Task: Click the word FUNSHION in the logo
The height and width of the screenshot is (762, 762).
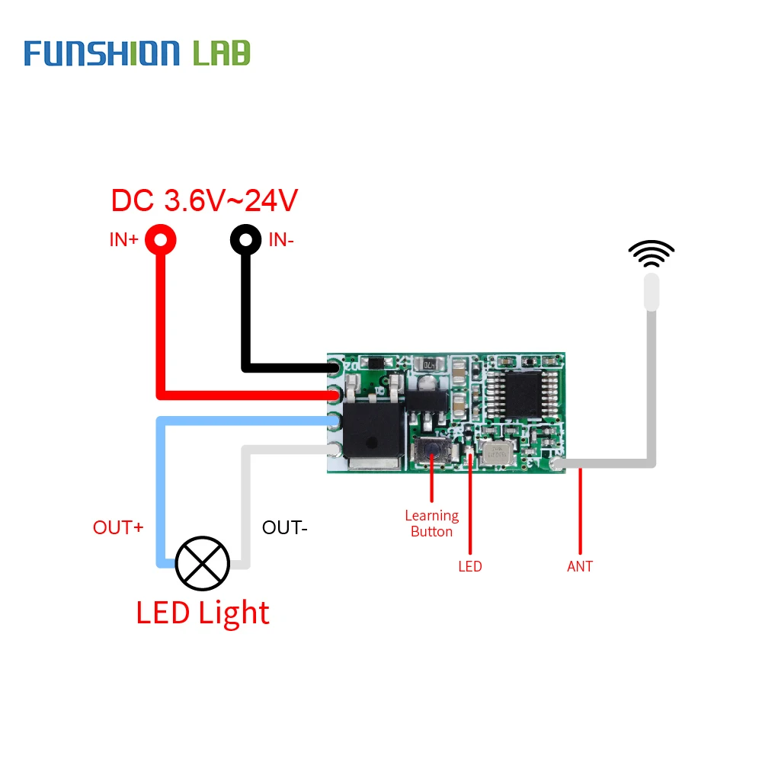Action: [101, 53]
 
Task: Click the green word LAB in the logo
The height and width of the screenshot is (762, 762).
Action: [222, 53]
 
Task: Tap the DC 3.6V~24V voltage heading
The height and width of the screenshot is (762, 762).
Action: [204, 201]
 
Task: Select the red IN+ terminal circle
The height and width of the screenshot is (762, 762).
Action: [161, 240]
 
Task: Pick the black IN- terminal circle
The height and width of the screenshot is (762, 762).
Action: [245, 240]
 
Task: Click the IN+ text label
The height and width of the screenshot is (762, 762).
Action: [123, 240]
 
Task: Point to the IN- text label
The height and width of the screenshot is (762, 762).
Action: [280, 240]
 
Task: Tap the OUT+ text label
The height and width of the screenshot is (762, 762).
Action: [118, 527]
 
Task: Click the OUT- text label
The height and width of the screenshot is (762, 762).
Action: [284, 527]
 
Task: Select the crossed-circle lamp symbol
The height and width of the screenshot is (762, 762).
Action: [202, 563]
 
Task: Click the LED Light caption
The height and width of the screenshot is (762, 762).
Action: [203, 613]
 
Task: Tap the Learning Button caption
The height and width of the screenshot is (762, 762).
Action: [431, 523]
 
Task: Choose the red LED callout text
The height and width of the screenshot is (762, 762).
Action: [470, 566]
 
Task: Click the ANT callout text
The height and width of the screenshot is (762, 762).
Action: [580, 566]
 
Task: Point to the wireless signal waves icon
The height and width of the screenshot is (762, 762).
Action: [651, 254]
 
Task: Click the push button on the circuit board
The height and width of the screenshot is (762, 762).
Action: [431, 453]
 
